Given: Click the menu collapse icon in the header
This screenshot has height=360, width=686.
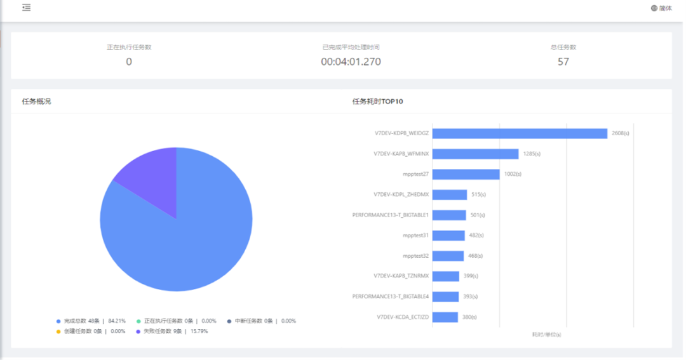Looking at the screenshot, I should point(26,8).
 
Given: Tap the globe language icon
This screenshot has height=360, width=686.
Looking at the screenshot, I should point(654,8).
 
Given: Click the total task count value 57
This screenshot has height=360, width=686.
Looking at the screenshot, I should point(563,62).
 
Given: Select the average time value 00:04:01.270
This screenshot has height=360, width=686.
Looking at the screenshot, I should point(351,62).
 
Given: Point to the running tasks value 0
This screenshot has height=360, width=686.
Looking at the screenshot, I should point(129,62).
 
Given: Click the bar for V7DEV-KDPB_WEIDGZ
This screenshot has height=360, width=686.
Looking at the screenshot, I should point(520,133).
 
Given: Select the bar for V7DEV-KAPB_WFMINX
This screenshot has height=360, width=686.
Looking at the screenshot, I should point(475,154).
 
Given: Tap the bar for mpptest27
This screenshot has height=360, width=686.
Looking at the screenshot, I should point(466,174).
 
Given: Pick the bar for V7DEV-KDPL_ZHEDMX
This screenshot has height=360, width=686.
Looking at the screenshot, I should point(450,194).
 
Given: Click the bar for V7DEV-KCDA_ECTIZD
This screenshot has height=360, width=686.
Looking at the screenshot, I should point(445,317).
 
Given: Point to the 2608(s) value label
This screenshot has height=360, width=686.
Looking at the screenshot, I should point(621,133).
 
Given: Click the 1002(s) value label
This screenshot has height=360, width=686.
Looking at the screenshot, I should point(513,174).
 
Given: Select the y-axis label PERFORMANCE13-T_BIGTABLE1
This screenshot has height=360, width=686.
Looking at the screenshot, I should point(391,215).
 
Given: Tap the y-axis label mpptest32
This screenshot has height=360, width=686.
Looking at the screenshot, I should point(415,256).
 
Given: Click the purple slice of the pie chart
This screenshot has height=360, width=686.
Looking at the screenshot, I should point(149,178).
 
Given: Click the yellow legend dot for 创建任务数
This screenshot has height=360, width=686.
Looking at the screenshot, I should point(58,331).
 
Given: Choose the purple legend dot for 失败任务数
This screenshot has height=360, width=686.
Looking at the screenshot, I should point(138,331).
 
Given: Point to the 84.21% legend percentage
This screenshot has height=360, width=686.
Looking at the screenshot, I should point(117,321).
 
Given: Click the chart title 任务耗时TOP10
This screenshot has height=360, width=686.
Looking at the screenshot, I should point(377,102).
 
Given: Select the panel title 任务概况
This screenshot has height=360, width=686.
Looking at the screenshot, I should point(36,102).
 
